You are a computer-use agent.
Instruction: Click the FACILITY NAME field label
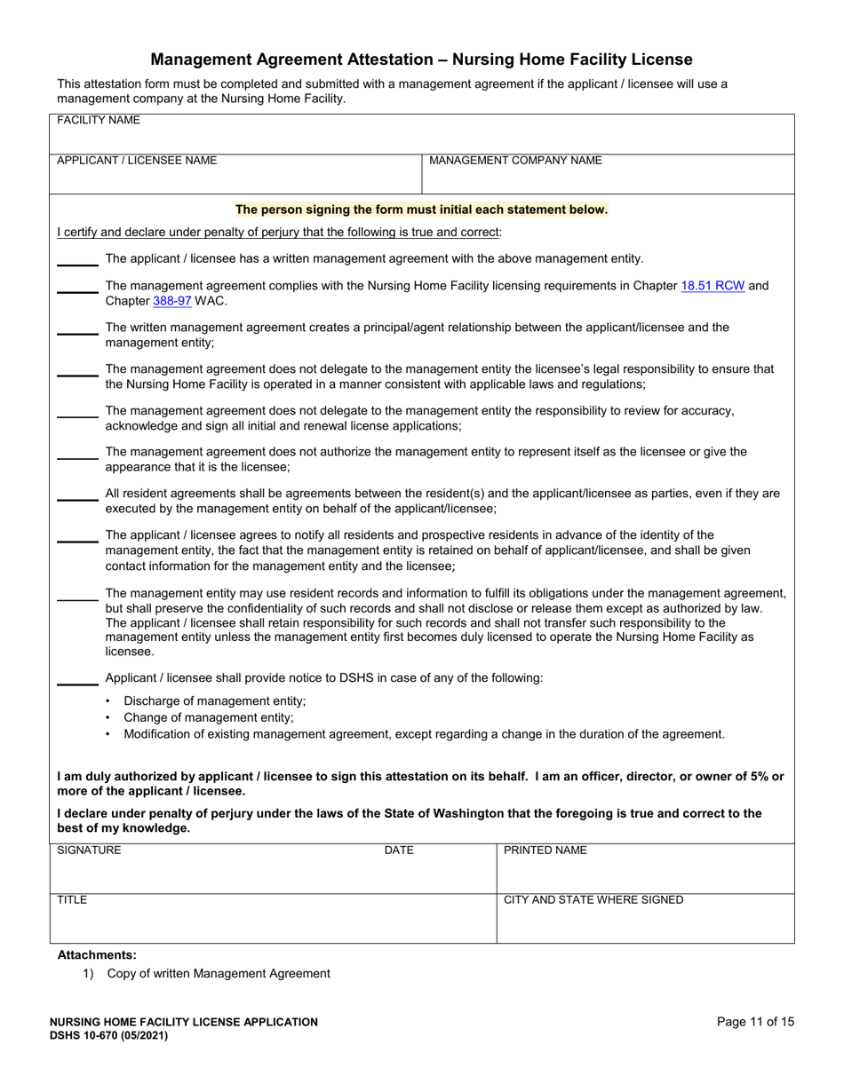pos(92,120)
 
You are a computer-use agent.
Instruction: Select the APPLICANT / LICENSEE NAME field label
pos(137,161)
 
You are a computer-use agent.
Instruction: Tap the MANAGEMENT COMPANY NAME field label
pos(515,161)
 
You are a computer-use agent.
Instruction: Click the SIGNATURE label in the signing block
pos(89,851)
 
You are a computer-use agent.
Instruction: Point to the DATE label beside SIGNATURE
pos(399,851)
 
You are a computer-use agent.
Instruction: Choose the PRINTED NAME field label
pos(545,851)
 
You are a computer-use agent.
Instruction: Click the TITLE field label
pos(72,900)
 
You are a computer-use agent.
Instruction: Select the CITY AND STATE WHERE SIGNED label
pos(593,900)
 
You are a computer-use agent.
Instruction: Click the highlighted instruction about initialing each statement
pos(421,210)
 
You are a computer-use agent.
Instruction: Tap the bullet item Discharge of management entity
pos(214,700)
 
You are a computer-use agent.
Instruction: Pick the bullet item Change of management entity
pos(208,717)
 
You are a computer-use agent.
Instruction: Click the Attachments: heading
pos(97,955)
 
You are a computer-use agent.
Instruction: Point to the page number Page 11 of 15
pos(755,1022)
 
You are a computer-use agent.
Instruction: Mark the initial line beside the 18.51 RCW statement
pos(77,292)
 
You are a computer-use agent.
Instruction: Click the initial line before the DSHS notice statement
pos(77,684)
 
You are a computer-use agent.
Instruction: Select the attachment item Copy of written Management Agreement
pos(219,974)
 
